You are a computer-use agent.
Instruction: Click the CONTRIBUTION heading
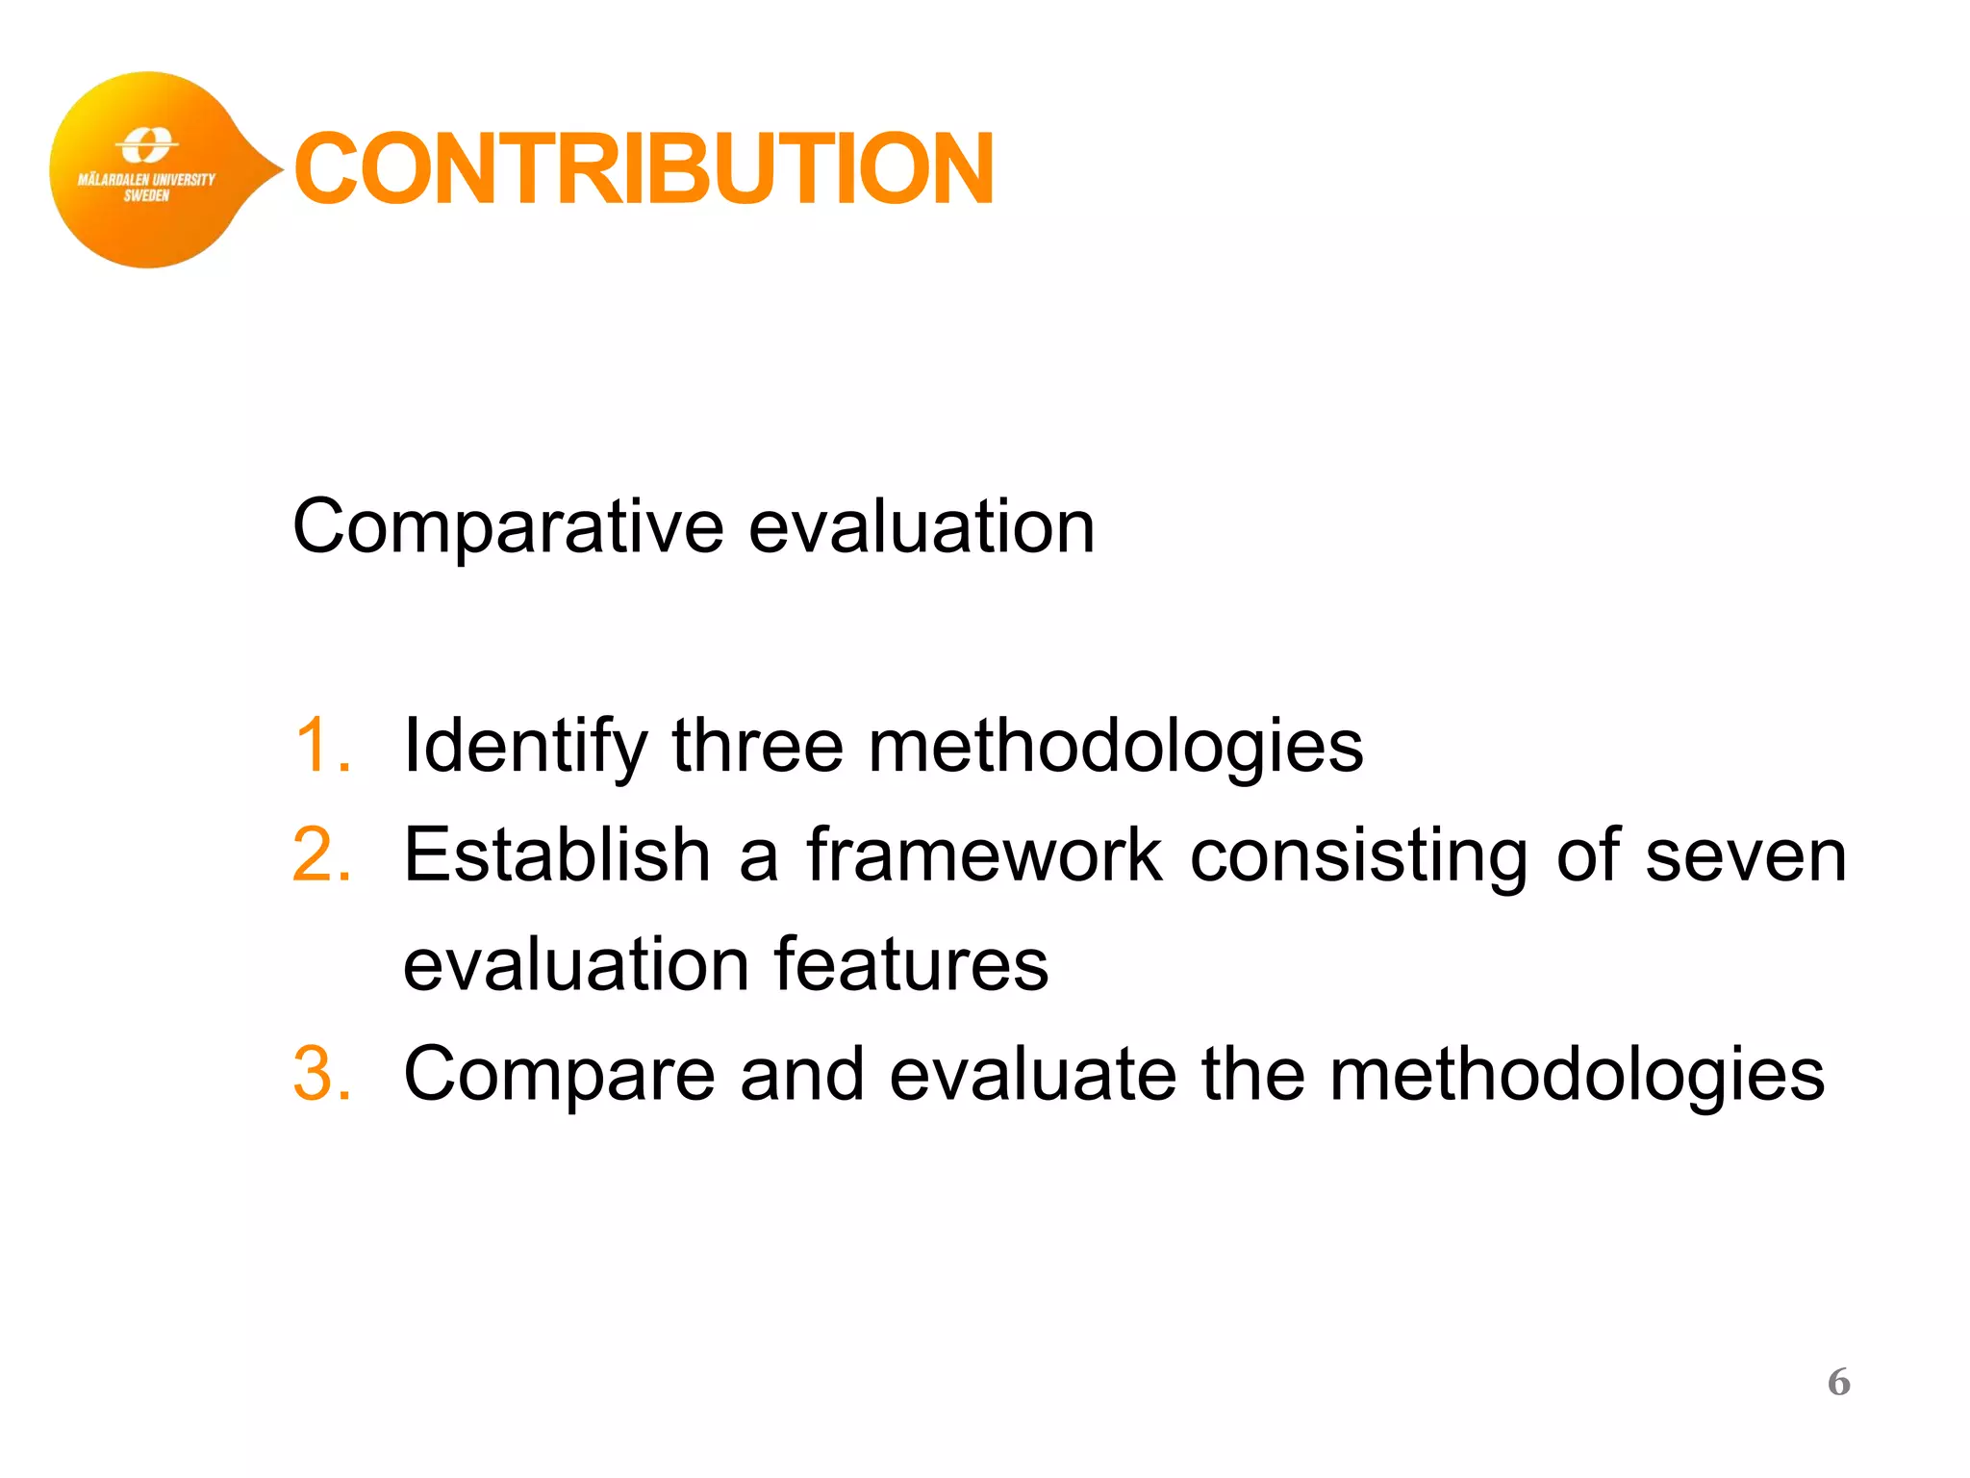click(643, 169)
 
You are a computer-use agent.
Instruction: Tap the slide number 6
click(1838, 1382)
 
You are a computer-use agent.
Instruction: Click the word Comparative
click(508, 527)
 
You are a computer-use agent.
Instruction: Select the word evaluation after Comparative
click(922, 527)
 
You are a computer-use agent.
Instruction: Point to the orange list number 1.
click(321, 745)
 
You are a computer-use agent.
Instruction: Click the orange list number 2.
click(321, 854)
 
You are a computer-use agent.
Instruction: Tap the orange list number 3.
click(321, 1074)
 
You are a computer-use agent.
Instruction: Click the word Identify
click(525, 747)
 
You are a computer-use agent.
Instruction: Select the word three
click(757, 745)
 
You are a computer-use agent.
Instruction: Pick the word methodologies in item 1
click(1116, 747)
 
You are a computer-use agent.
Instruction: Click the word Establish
click(556, 854)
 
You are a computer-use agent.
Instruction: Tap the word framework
click(983, 854)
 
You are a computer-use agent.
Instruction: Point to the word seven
click(1746, 856)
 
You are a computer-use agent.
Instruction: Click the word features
click(911, 964)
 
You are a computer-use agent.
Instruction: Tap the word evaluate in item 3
click(1032, 1074)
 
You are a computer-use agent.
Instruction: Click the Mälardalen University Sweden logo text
click(146, 187)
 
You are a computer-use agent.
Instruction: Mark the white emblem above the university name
click(146, 146)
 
